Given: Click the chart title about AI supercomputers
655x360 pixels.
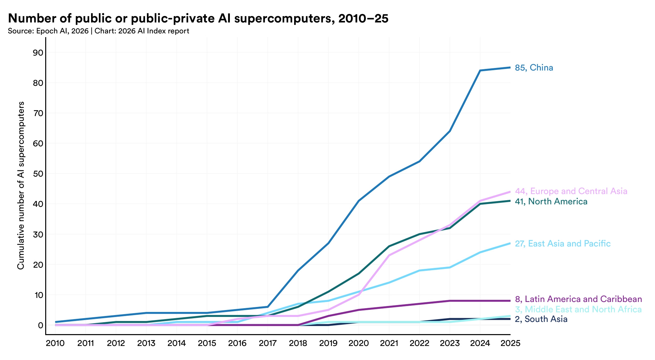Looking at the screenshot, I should pyautogui.click(x=198, y=19).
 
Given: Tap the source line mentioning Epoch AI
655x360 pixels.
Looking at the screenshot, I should pyautogui.click(x=99, y=31).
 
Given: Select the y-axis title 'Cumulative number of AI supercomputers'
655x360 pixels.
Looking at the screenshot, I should pyautogui.click(x=21, y=185).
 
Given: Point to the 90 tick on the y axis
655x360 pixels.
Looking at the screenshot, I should pyautogui.click(x=38, y=52).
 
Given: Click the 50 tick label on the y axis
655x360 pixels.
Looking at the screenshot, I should pyautogui.click(x=38, y=174).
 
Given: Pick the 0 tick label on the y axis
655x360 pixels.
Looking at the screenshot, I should pyautogui.click(x=40, y=325).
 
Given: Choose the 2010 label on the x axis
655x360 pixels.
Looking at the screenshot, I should pyautogui.click(x=55, y=343).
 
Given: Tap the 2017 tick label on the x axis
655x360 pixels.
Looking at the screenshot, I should pyautogui.click(x=268, y=343).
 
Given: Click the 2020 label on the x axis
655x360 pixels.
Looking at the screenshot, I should pyautogui.click(x=359, y=343).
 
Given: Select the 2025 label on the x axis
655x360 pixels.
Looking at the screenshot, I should pyautogui.click(x=510, y=343).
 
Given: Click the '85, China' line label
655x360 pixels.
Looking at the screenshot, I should pyautogui.click(x=534, y=68).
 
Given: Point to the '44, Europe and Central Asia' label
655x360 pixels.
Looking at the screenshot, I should pyautogui.click(x=571, y=191).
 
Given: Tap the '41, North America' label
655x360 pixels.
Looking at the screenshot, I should pyautogui.click(x=551, y=202).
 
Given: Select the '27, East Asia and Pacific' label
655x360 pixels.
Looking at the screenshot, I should pyautogui.click(x=562, y=244).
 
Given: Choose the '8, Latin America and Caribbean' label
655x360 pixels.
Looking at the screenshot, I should pyautogui.click(x=578, y=299).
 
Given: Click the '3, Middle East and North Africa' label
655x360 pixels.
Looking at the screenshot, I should pyautogui.click(x=578, y=309).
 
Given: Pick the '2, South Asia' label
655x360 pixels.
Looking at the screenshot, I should pyautogui.click(x=541, y=319).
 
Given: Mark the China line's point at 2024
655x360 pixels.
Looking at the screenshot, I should pyautogui.click(x=480, y=71).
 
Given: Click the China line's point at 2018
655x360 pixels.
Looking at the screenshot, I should pyautogui.click(x=298, y=270).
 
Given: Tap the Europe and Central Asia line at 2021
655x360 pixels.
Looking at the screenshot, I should pyautogui.click(x=389, y=255).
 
